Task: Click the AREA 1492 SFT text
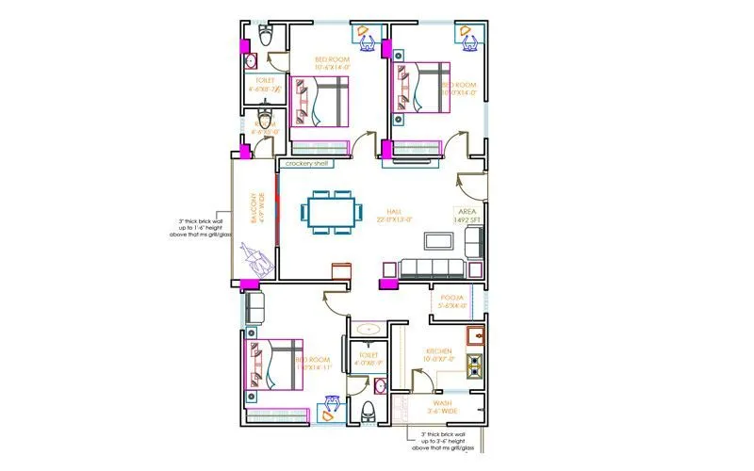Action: click(468, 216)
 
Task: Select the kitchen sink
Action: click(475, 334)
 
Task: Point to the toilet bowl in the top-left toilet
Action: click(268, 37)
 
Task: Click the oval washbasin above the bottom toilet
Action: click(369, 329)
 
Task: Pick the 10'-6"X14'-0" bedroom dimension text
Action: click(332, 68)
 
